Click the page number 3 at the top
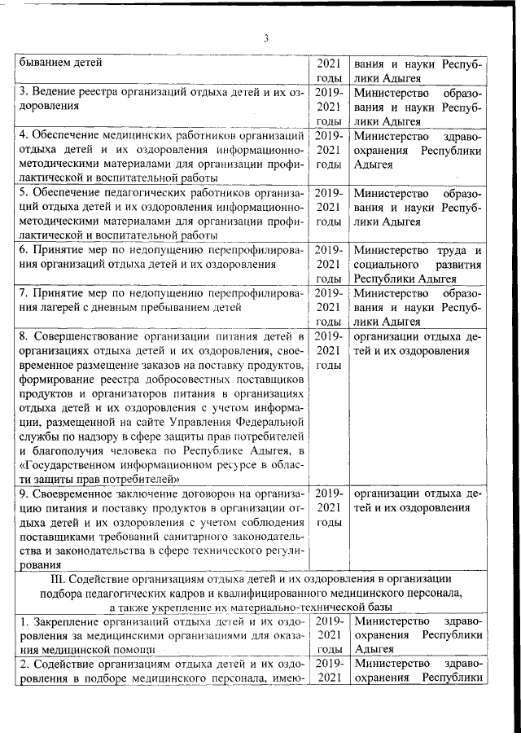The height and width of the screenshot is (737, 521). (265, 36)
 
